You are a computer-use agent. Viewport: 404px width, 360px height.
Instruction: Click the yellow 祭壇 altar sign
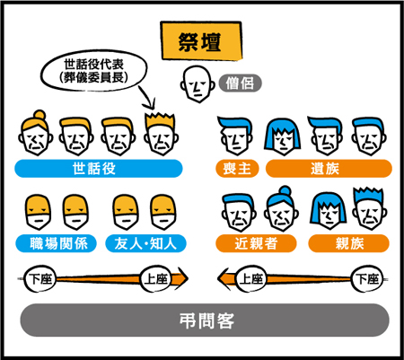click(x=201, y=40)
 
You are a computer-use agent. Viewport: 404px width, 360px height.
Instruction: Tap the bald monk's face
click(x=198, y=84)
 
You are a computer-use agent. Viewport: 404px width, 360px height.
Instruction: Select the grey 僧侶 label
click(x=241, y=83)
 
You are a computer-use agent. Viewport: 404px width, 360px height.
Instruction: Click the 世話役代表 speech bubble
click(x=93, y=71)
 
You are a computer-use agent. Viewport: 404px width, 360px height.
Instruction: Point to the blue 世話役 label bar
click(x=99, y=169)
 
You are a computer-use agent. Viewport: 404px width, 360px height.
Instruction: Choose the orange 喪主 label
click(x=237, y=169)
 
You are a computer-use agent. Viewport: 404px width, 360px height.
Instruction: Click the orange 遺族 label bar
click(x=329, y=169)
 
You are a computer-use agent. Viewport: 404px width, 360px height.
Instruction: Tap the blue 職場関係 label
click(x=57, y=243)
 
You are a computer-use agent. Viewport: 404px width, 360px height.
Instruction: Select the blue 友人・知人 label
click(x=145, y=243)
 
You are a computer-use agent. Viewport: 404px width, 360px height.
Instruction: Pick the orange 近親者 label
click(x=256, y=243)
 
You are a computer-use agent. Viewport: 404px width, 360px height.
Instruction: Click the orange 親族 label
click(x=349, y=243)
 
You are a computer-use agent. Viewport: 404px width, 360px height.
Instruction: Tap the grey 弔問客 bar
click(x=205, y=320)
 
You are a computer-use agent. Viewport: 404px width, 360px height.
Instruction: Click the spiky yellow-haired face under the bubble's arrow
click(x=161, y=134)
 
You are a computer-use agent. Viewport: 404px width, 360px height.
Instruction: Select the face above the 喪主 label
click(x=235, y=136)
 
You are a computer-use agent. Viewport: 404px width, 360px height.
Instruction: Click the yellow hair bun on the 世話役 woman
click(x=40, y=115)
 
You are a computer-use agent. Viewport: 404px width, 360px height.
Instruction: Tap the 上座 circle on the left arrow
click(x=155, y=278)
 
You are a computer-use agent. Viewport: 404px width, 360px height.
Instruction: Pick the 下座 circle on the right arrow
click(x=366, y=278)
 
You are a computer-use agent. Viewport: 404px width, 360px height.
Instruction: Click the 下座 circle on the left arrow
click(x=40, y=278)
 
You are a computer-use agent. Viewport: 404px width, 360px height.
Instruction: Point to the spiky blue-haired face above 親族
click(x=369, y=208)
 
